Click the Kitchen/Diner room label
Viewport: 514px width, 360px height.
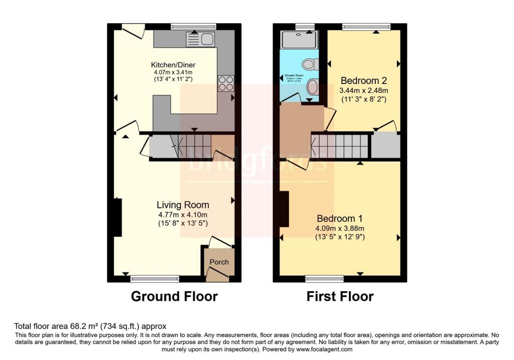click(173, 65)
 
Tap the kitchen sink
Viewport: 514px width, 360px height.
click(200, 39)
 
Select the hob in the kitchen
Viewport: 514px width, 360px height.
click(225, 83)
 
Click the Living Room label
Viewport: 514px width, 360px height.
click(183, 205)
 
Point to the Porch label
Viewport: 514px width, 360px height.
click(219, 262)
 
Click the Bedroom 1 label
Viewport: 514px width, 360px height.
click(340, 219)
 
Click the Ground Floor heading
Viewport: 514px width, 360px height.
click(174, 296)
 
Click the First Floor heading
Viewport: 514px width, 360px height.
click(340, 296)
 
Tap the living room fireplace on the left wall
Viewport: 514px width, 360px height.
click(117, 217)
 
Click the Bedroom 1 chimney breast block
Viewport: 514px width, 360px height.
click(284, 209)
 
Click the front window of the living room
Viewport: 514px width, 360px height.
click(154, 278)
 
